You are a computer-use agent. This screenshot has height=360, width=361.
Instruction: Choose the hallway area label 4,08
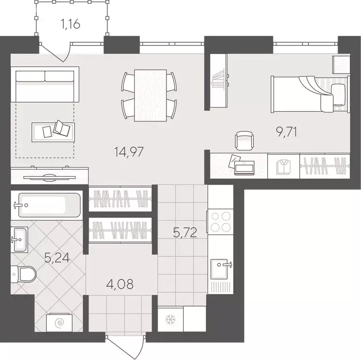pyautogui.click(x=120, y=285)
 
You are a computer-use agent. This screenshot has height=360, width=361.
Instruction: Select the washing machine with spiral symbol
pyautogui.click(x=60, y=323)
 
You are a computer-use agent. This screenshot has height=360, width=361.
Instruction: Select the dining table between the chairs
pyautogui.click(x=150, y=95)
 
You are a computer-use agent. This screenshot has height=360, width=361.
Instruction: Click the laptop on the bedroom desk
pyautogui.click(x=244, y=167)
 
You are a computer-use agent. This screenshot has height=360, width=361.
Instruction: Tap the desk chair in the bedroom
pyautogui.click(x=244, y=140)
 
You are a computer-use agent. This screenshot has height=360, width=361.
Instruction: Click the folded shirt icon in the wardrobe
pyautogui.click(x=283, y=166)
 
